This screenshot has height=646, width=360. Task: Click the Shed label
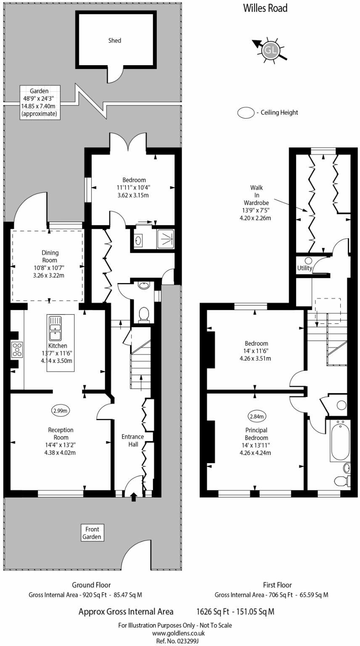click(114, 41)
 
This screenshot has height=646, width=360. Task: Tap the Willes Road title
click(265, 8)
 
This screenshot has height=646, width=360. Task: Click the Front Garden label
click(92, 533)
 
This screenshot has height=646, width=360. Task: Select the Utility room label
click(304, 268)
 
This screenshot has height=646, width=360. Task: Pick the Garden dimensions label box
click(40, 102)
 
